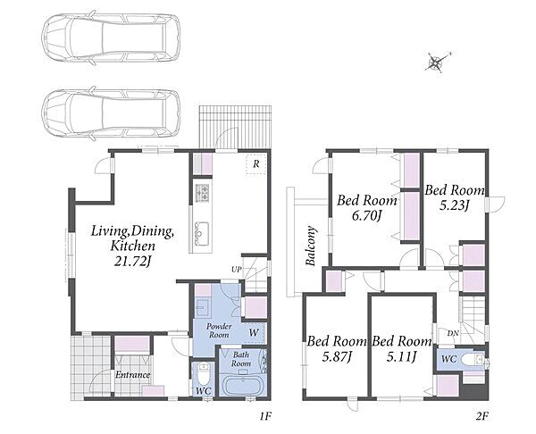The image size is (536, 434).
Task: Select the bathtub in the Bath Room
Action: click(243, 386)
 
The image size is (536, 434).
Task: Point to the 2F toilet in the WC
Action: click(472, 360)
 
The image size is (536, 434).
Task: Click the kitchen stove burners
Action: click(202, 192)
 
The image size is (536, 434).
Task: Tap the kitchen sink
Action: click(202, 233)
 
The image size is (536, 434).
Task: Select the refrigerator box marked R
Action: click(256, 164)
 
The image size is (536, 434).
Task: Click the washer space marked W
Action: click(254, 332)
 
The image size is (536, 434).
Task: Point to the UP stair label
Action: click(237, 270)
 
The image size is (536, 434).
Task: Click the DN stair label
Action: click(453, 333)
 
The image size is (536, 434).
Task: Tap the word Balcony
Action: click(310, 245)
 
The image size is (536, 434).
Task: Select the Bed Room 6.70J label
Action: click(367, 207)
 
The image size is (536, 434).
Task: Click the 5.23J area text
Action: click(454, 205)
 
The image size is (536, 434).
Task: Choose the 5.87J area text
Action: click(338, 357)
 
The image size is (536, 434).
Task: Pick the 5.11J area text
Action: click(401, 357)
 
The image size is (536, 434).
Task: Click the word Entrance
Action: click(132, 375)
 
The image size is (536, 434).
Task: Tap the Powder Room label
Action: click(219, 330)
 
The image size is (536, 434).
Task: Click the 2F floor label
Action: click(482, 416)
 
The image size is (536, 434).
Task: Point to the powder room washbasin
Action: click(201, 306)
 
